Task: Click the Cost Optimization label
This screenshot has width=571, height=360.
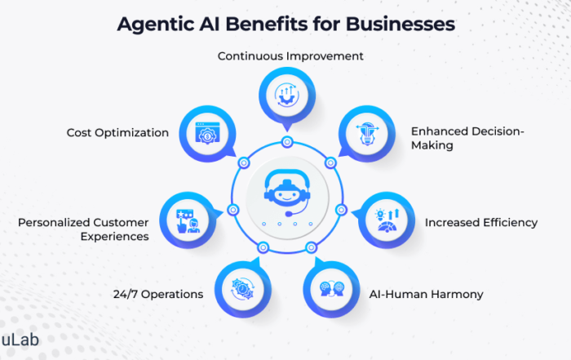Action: coord(118,132)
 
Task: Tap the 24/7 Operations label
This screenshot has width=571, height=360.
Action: coord(157,294)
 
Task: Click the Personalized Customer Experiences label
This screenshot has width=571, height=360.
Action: coord(83,229)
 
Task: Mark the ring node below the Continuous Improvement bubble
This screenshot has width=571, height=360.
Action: coord(286,143)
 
